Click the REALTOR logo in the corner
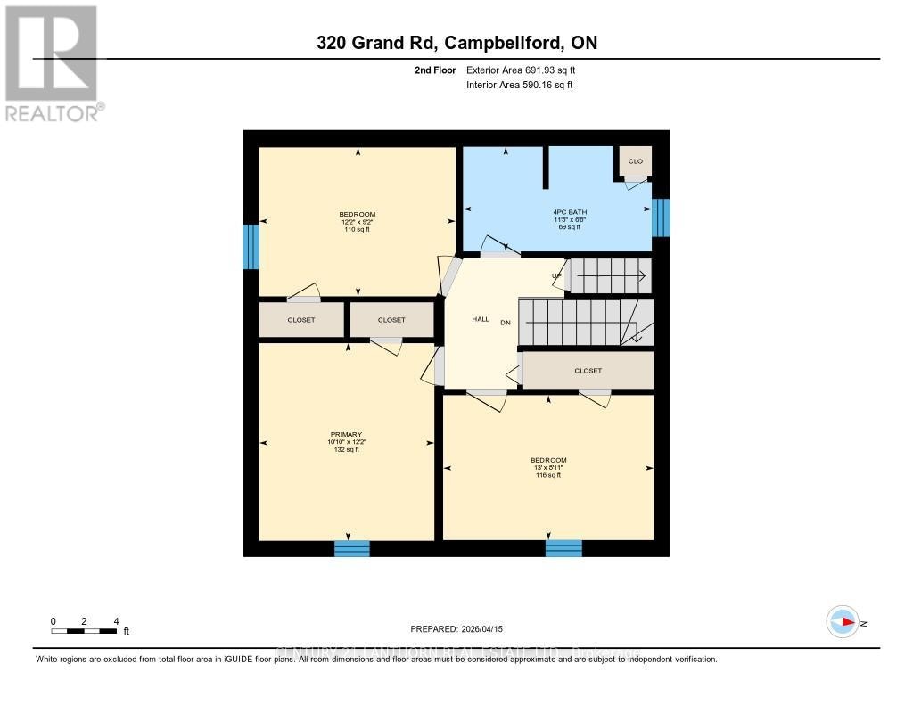click(x=52, y=62)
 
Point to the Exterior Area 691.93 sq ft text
click(x=527, y=70)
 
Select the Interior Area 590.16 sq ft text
click(x=520, y=86)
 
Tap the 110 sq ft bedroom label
click(x=357, y=222)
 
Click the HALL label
click(x=480, y=319)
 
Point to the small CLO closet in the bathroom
click(x=635, y=161)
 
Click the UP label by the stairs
click(x=556, y=275)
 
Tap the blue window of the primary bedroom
click(x=351, y=548)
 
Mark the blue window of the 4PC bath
click(x=661, y=217)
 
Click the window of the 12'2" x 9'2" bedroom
click(x=251, y=247)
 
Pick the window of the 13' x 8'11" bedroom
click(x=563, y=548)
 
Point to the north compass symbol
click(x=843, y=622)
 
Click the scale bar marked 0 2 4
click(x=85, y=630)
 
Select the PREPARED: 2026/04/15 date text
click(x=456, y=629)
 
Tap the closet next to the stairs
click(x=588, y=371)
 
